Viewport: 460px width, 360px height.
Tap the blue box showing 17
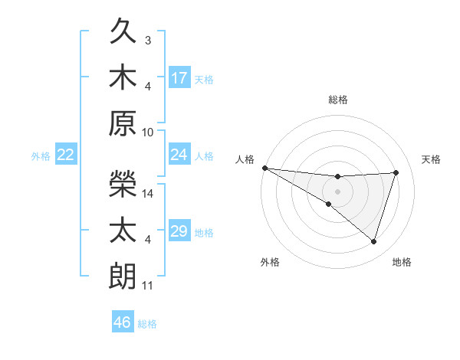coord(179,77)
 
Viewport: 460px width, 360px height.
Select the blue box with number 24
coord(179,155)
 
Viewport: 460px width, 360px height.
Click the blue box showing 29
coord(179,231)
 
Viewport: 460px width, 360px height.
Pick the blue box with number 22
coord(66,155)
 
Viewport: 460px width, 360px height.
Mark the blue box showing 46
coord(123,322)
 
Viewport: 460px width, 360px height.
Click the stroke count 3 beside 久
coord(148,40)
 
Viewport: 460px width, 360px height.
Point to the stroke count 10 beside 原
coord(148,131)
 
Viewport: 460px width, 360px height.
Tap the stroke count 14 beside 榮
coord(149,194)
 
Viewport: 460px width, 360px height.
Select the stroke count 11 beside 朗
coord(148,286)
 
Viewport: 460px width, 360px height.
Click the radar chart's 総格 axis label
coord(337,100)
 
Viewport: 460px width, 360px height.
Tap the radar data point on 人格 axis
coord(264,168)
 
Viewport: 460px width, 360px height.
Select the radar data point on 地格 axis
coord(373,241)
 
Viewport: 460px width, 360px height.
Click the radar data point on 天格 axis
coord(396,172)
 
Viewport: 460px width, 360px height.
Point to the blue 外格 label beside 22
coord(41,156)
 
